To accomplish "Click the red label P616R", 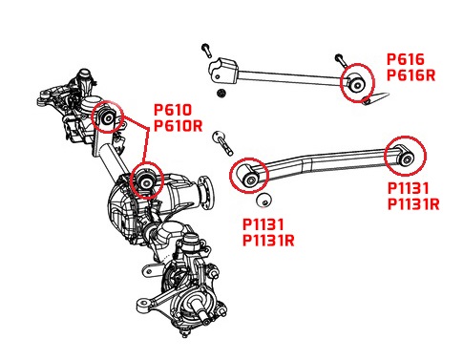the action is [x=410, y=75].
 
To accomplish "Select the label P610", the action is [x=173, y=110].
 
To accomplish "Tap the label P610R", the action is [x=179, y=125].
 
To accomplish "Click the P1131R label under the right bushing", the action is [x=413, y=203].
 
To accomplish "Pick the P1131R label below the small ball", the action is [x=268, y=241].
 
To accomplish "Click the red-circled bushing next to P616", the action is [x=357, y=84].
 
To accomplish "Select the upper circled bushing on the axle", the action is [x=108, y=117].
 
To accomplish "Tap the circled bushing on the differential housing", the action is [x=146, y=181].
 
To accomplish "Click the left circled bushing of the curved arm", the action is [x=250, y=176].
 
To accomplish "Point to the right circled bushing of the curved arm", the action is [x=405, y=157].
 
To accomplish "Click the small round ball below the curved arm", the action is [x=263, y=201].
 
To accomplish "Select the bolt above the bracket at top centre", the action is [x=206, y=51].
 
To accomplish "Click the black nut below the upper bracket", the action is [x=221, y=93].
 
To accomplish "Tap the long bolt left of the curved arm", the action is [x=222, y=143].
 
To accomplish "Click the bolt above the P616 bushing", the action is [x=340, y=60].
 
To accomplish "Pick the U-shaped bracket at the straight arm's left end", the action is [x=223, y=71].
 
